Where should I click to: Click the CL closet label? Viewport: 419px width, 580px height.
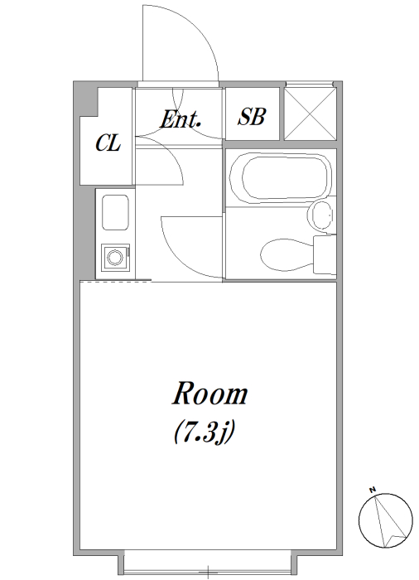(108, 143)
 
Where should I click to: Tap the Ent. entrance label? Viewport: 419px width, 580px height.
(180, 119)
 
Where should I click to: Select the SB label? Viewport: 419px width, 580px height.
(252, 116)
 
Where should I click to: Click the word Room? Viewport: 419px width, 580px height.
(209, 394)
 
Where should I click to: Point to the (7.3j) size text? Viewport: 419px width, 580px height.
(205, 432)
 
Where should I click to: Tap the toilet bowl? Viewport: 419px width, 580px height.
(287, 255)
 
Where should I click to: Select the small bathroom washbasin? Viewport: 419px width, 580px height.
(320, 215)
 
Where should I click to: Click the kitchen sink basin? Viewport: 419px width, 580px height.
(115, 212)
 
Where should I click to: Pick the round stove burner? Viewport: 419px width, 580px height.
(114, 257)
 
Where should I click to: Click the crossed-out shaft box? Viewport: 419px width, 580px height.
(311, 114)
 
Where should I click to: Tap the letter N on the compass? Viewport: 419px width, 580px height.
(373, 491)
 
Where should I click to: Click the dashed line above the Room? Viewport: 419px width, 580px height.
(115, 282)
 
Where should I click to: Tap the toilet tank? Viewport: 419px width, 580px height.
(325, 255)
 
